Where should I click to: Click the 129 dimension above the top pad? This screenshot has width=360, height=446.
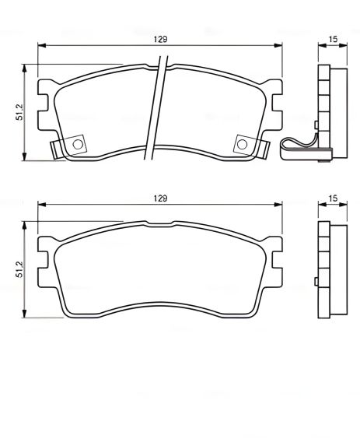pyautogui.click(x=160, y=38)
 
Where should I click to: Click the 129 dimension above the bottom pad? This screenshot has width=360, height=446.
pyautogui.click(x=160, y=198)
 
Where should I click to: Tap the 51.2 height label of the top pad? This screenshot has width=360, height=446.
pyautogui.click(x=18, y=114)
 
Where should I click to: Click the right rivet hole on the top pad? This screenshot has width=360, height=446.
pyautogui.click(x=243, y=144)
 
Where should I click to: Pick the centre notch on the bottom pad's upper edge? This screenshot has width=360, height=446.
pyautogui.click(x=159, y=224)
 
